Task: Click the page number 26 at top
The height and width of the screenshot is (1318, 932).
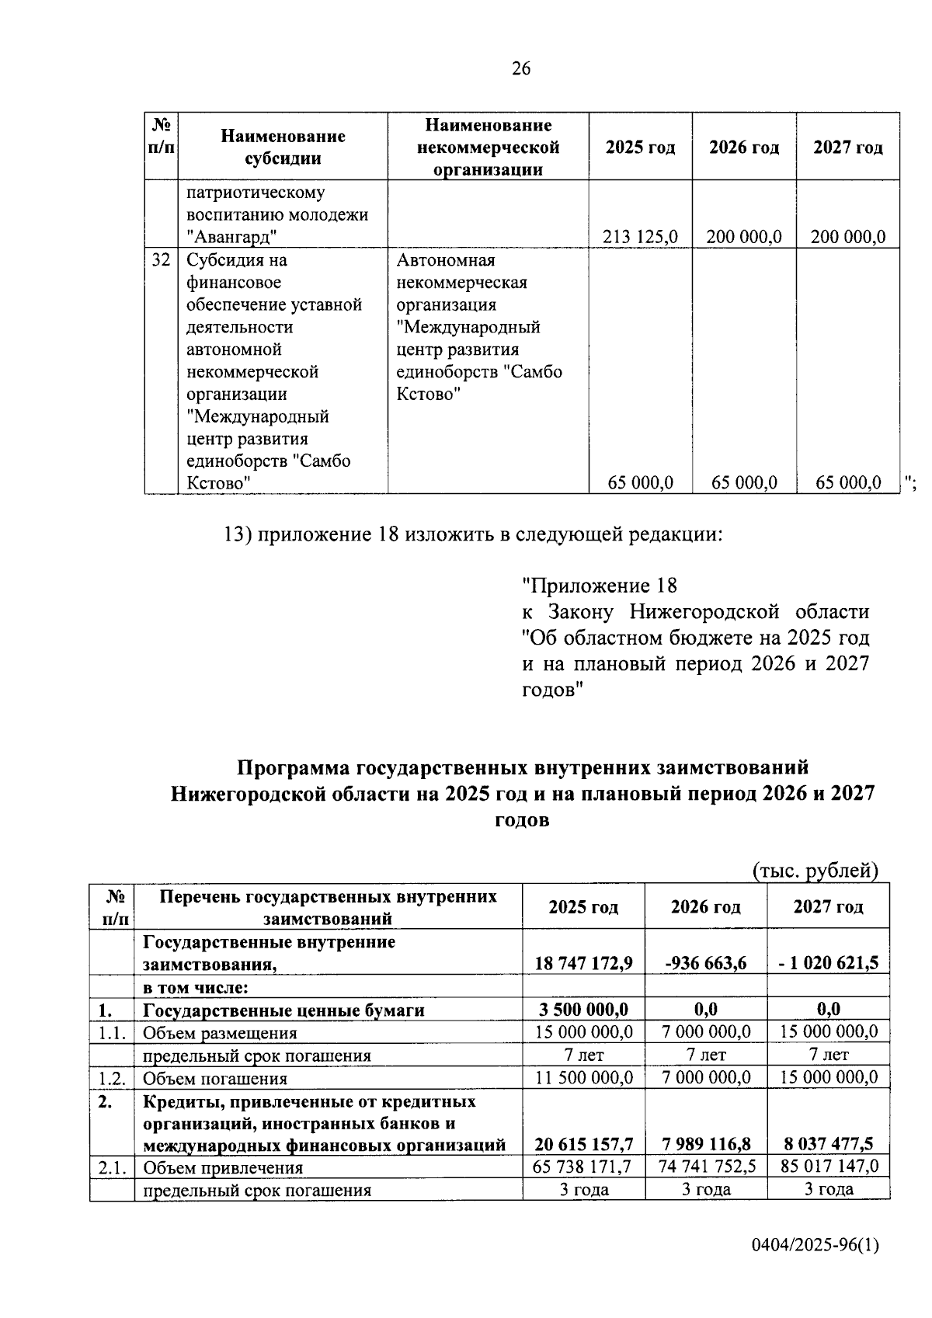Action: pyautogui.click(x=520, y=69)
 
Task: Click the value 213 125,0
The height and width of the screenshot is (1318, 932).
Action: pyautogui.click(x=640, y=237)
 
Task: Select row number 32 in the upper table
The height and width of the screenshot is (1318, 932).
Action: pyautogui.click(x=161, y=260)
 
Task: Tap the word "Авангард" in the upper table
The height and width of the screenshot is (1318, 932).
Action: pyautogui.click(x=232, y=237)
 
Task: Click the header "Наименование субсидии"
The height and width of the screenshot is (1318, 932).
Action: pyautogui.click(x=283, y=147)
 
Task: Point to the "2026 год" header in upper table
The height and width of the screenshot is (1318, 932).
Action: pyautogui.click(x=743, y=148)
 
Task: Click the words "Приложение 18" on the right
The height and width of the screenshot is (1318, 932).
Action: pyautogui.click(x=600, y=586)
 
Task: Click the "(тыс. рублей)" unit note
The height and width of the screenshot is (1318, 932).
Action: pyautogui.click(x=815, y=871)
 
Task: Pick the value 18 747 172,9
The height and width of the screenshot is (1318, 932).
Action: pyautogui.click(x=583, y=963)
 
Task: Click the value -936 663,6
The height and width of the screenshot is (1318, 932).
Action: pyautogui.click(x=705, y=963)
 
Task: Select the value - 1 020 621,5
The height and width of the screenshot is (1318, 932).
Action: pyautogui.click(x=828, y=963)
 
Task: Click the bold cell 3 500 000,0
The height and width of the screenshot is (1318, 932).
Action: pyautogui.click(x=583, y=1010)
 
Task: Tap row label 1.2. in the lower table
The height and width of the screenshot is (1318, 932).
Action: pyautogui.click(x=112, y=1078)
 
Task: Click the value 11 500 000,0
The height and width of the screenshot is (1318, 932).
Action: pyautogui.click(x=583, y=1077)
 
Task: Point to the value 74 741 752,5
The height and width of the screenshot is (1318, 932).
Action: pyautogui.click(x=705, y=1167)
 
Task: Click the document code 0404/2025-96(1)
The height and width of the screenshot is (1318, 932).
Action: pyautogui.click(x=815, y=1246)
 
